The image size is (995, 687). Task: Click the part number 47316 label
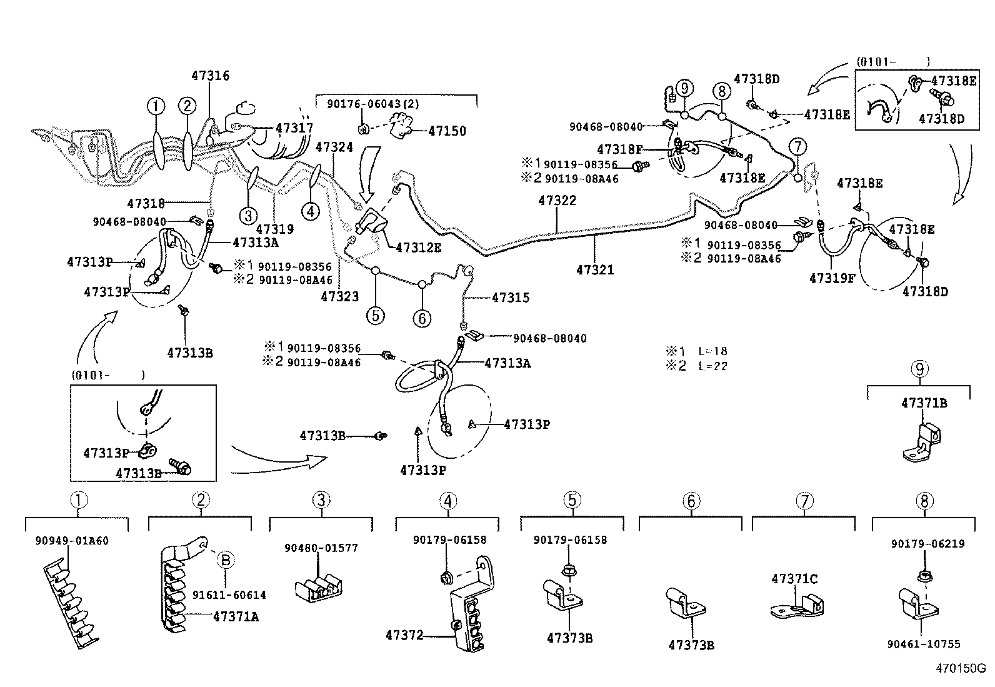coord(210,76)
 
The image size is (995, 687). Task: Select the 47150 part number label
coord(447,131)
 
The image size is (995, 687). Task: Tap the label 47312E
coord(418,248)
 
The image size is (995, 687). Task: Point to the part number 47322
coord(557,201)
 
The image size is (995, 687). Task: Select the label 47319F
coord(832,279)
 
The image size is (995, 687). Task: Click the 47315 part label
coord(510,298)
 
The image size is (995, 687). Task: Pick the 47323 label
coord(339,296)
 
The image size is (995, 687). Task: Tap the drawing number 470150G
coord(960,668)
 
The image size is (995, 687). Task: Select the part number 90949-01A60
coord(72,541)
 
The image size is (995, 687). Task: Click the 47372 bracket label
coord(404,635)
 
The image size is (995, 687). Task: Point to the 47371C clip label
coord(794,579)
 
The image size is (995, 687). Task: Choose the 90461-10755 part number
coord(923,644)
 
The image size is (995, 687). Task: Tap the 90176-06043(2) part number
coord(372,104)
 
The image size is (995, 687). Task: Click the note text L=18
coord(712,351)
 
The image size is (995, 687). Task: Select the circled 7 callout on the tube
coord(797,148)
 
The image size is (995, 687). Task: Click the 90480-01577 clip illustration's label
coord(321,548)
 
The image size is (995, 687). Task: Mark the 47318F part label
coord(619,149)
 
